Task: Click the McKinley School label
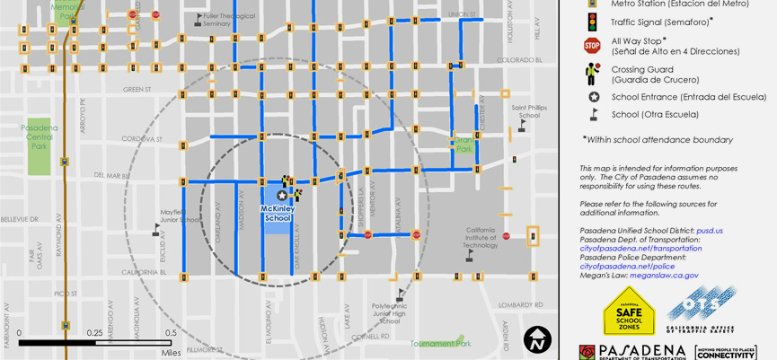point(278,214)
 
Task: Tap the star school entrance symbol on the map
point(282,196)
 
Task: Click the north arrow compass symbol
point(537,339)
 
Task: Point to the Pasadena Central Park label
point(39,136)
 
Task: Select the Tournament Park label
point(440,344)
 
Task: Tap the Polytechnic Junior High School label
point(390,313)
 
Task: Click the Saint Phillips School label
point(529,111)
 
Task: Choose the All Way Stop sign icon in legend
point(592,46)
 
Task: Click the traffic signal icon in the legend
point(592,22)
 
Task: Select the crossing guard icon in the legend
point(592,74)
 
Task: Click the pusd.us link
point(709,231)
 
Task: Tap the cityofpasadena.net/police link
point(627,267)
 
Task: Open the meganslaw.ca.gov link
point(664,276)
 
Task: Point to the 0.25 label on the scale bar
point(94,333)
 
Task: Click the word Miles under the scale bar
point(171,353)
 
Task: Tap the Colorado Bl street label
point(519,60)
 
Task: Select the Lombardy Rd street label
point(520,305)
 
